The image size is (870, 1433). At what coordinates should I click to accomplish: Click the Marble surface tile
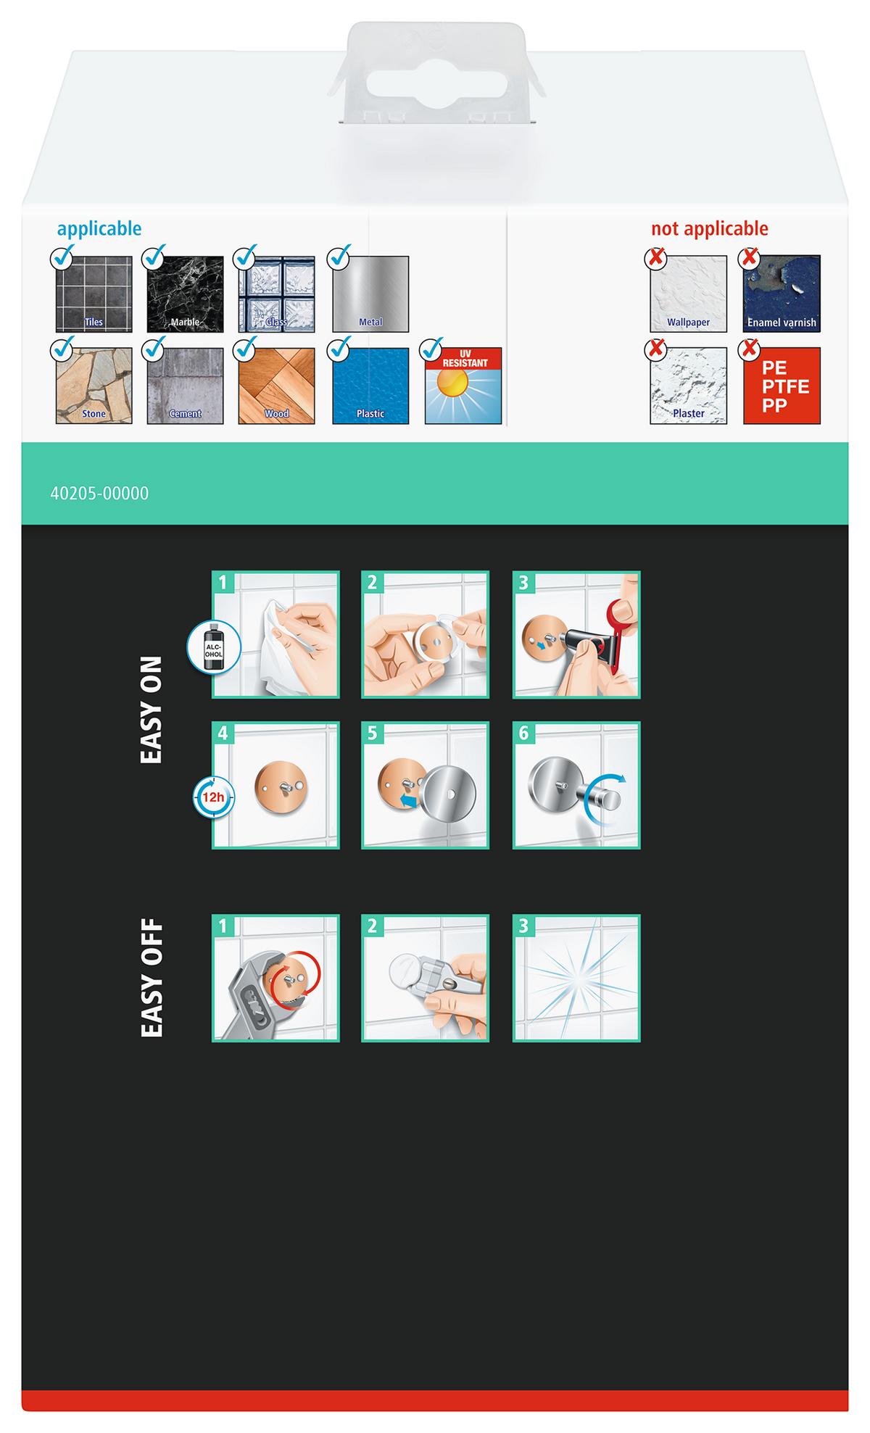185,294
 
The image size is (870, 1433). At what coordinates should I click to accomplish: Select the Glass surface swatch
276,294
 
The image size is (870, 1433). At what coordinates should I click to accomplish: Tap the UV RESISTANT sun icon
463,386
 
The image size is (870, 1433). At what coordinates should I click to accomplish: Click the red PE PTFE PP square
782,386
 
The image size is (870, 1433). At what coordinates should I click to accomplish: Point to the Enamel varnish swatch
782,294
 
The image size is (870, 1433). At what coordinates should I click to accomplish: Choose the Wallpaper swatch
688,294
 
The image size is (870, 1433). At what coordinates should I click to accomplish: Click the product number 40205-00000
99,494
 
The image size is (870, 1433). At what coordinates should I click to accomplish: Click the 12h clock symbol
212,797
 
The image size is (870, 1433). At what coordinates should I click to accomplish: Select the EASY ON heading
151,710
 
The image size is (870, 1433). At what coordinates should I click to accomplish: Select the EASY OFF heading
151,979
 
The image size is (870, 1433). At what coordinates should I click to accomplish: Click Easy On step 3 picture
576,635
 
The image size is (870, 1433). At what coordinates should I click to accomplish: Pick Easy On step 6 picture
576,785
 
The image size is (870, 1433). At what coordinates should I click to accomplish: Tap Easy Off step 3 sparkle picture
576,979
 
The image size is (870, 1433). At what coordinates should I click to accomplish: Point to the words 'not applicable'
709,228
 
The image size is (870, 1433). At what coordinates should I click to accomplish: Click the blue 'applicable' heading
99,229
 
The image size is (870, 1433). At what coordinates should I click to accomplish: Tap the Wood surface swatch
276,386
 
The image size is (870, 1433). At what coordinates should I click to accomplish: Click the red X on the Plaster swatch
656,349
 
